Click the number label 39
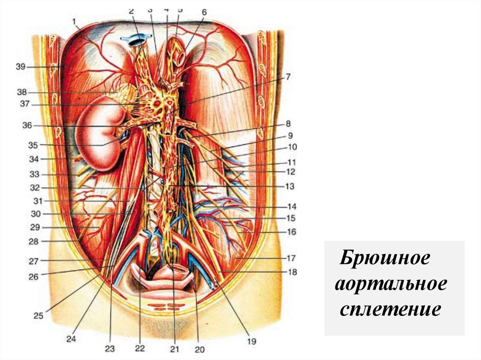(x=20, y=67)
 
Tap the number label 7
(x=288, y=77)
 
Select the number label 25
(x=38, y=315)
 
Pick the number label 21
(x=175, y=349)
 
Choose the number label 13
(x=289, y=186)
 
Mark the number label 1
(x=74, y=21)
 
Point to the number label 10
(x=292, y=147)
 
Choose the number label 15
(x=290, y=218)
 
